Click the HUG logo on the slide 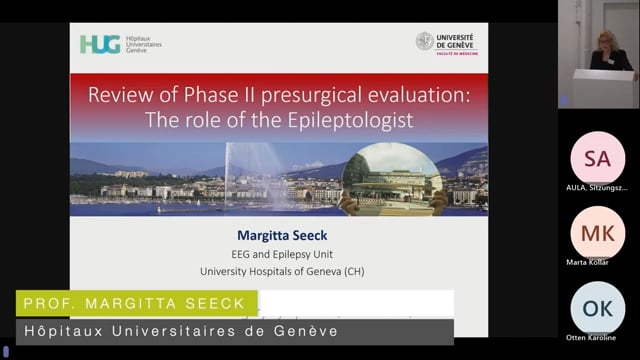[x=100, y=44]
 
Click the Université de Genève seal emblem [x=425, y=41]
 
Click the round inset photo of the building [x=392, y=178]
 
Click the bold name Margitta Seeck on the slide [x=279, y=237]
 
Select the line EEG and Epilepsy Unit [x=279, y=254]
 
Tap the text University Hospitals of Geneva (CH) [x=279, y=271]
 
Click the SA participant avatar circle [x=597, y=157]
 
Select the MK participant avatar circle [x=597, y=232]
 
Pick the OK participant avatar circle [x=597, y=308]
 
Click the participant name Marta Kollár [x=597, y=262]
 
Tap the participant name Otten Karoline [x=597, y=337]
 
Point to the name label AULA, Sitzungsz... [x=597, y=187]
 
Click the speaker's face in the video [x=606, y=41]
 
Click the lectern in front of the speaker [x=603, y=88]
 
